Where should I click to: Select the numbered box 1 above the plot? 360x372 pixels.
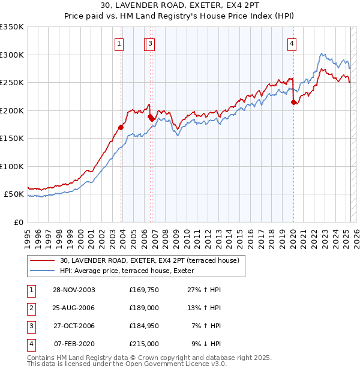coord(119,43)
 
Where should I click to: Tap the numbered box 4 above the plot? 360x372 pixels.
coord(291,43)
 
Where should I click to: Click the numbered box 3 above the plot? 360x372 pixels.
coord(150,43)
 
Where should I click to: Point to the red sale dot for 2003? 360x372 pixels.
coord(121,127)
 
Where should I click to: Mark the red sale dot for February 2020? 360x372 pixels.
coord(293,103)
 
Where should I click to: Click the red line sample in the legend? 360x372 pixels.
coord(42,260)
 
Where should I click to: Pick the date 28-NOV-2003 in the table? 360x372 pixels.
coord(74,290)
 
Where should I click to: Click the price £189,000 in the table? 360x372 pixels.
coord(144,308)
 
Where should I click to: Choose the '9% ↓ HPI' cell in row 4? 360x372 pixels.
coord(206,344)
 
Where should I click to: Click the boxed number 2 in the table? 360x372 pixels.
coord(30,308)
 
